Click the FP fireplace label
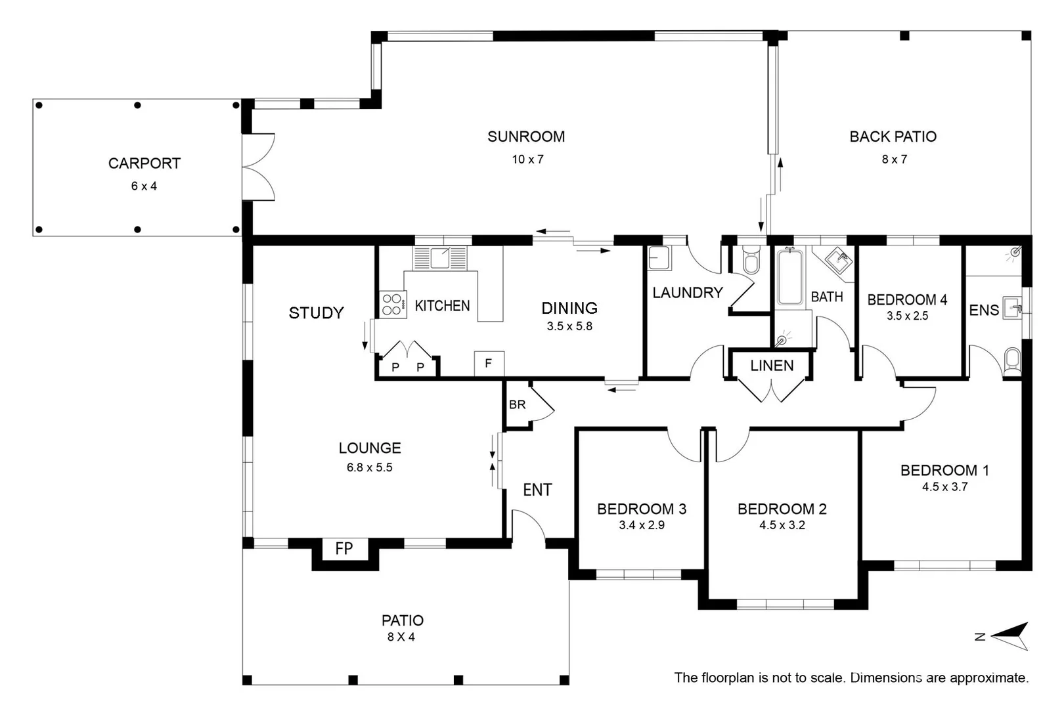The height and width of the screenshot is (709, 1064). click(x=344, y=548)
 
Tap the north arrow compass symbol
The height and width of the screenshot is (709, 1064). click(x=1010, y=636)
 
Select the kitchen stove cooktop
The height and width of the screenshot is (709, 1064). click(x=393, y=305)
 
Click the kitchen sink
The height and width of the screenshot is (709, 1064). click(x=440, y=258)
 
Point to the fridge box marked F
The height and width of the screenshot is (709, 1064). click(x=489, y=364)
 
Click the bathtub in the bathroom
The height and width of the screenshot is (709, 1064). click(x=790, y=277)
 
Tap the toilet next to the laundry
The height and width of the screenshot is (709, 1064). click(x=751, y=259)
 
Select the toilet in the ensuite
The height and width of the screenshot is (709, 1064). click(x=1012, y=362)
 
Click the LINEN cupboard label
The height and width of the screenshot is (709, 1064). click(x=772, y=366)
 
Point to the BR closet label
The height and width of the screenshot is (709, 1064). click(x=518, y=404)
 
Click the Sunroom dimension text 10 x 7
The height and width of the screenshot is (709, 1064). click(x=527, y=160)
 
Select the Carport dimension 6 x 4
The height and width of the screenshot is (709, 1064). click(x=144, y=186)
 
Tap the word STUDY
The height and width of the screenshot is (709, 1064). click(x=317, y=313)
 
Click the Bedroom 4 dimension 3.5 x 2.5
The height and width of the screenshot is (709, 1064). click(x=907, y=316)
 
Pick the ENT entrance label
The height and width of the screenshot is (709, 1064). click(x=537, y=490)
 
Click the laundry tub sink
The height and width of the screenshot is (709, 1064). click(x=660, y=259)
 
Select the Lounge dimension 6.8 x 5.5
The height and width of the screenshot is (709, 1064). click(x=370, y=468)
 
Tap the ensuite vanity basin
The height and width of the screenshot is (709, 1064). click(x=1012, y=308)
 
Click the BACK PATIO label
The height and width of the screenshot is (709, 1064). click(x=893, y=137)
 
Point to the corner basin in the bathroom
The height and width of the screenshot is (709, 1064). click(x=839, y=260)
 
